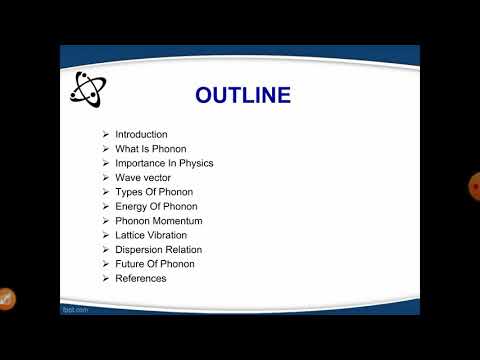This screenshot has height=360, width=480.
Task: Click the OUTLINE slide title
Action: tap(243, 96)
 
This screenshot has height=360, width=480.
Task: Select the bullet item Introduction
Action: tap(141, 134)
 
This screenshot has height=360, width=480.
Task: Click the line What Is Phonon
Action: tap(150, 148)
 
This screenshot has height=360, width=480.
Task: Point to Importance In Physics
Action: tap(164, 163)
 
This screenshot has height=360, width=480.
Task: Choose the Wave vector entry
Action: tap(143, 177)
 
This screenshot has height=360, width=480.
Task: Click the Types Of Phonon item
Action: tap(153, 192)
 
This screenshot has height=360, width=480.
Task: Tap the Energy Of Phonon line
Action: tap(156, 206)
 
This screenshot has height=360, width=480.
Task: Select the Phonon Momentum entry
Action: tap(158, 220)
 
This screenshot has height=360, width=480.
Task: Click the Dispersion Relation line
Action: tap(158, 249)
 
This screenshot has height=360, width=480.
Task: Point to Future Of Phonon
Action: tap(154, 264)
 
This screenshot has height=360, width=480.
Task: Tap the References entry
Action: tap(140, 278)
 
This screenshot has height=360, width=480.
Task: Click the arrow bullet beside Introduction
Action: tap(106, 134)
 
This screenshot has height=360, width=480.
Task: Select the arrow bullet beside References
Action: tap(106, 278)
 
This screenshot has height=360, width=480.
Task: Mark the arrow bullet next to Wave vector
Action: tap(106, 177)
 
